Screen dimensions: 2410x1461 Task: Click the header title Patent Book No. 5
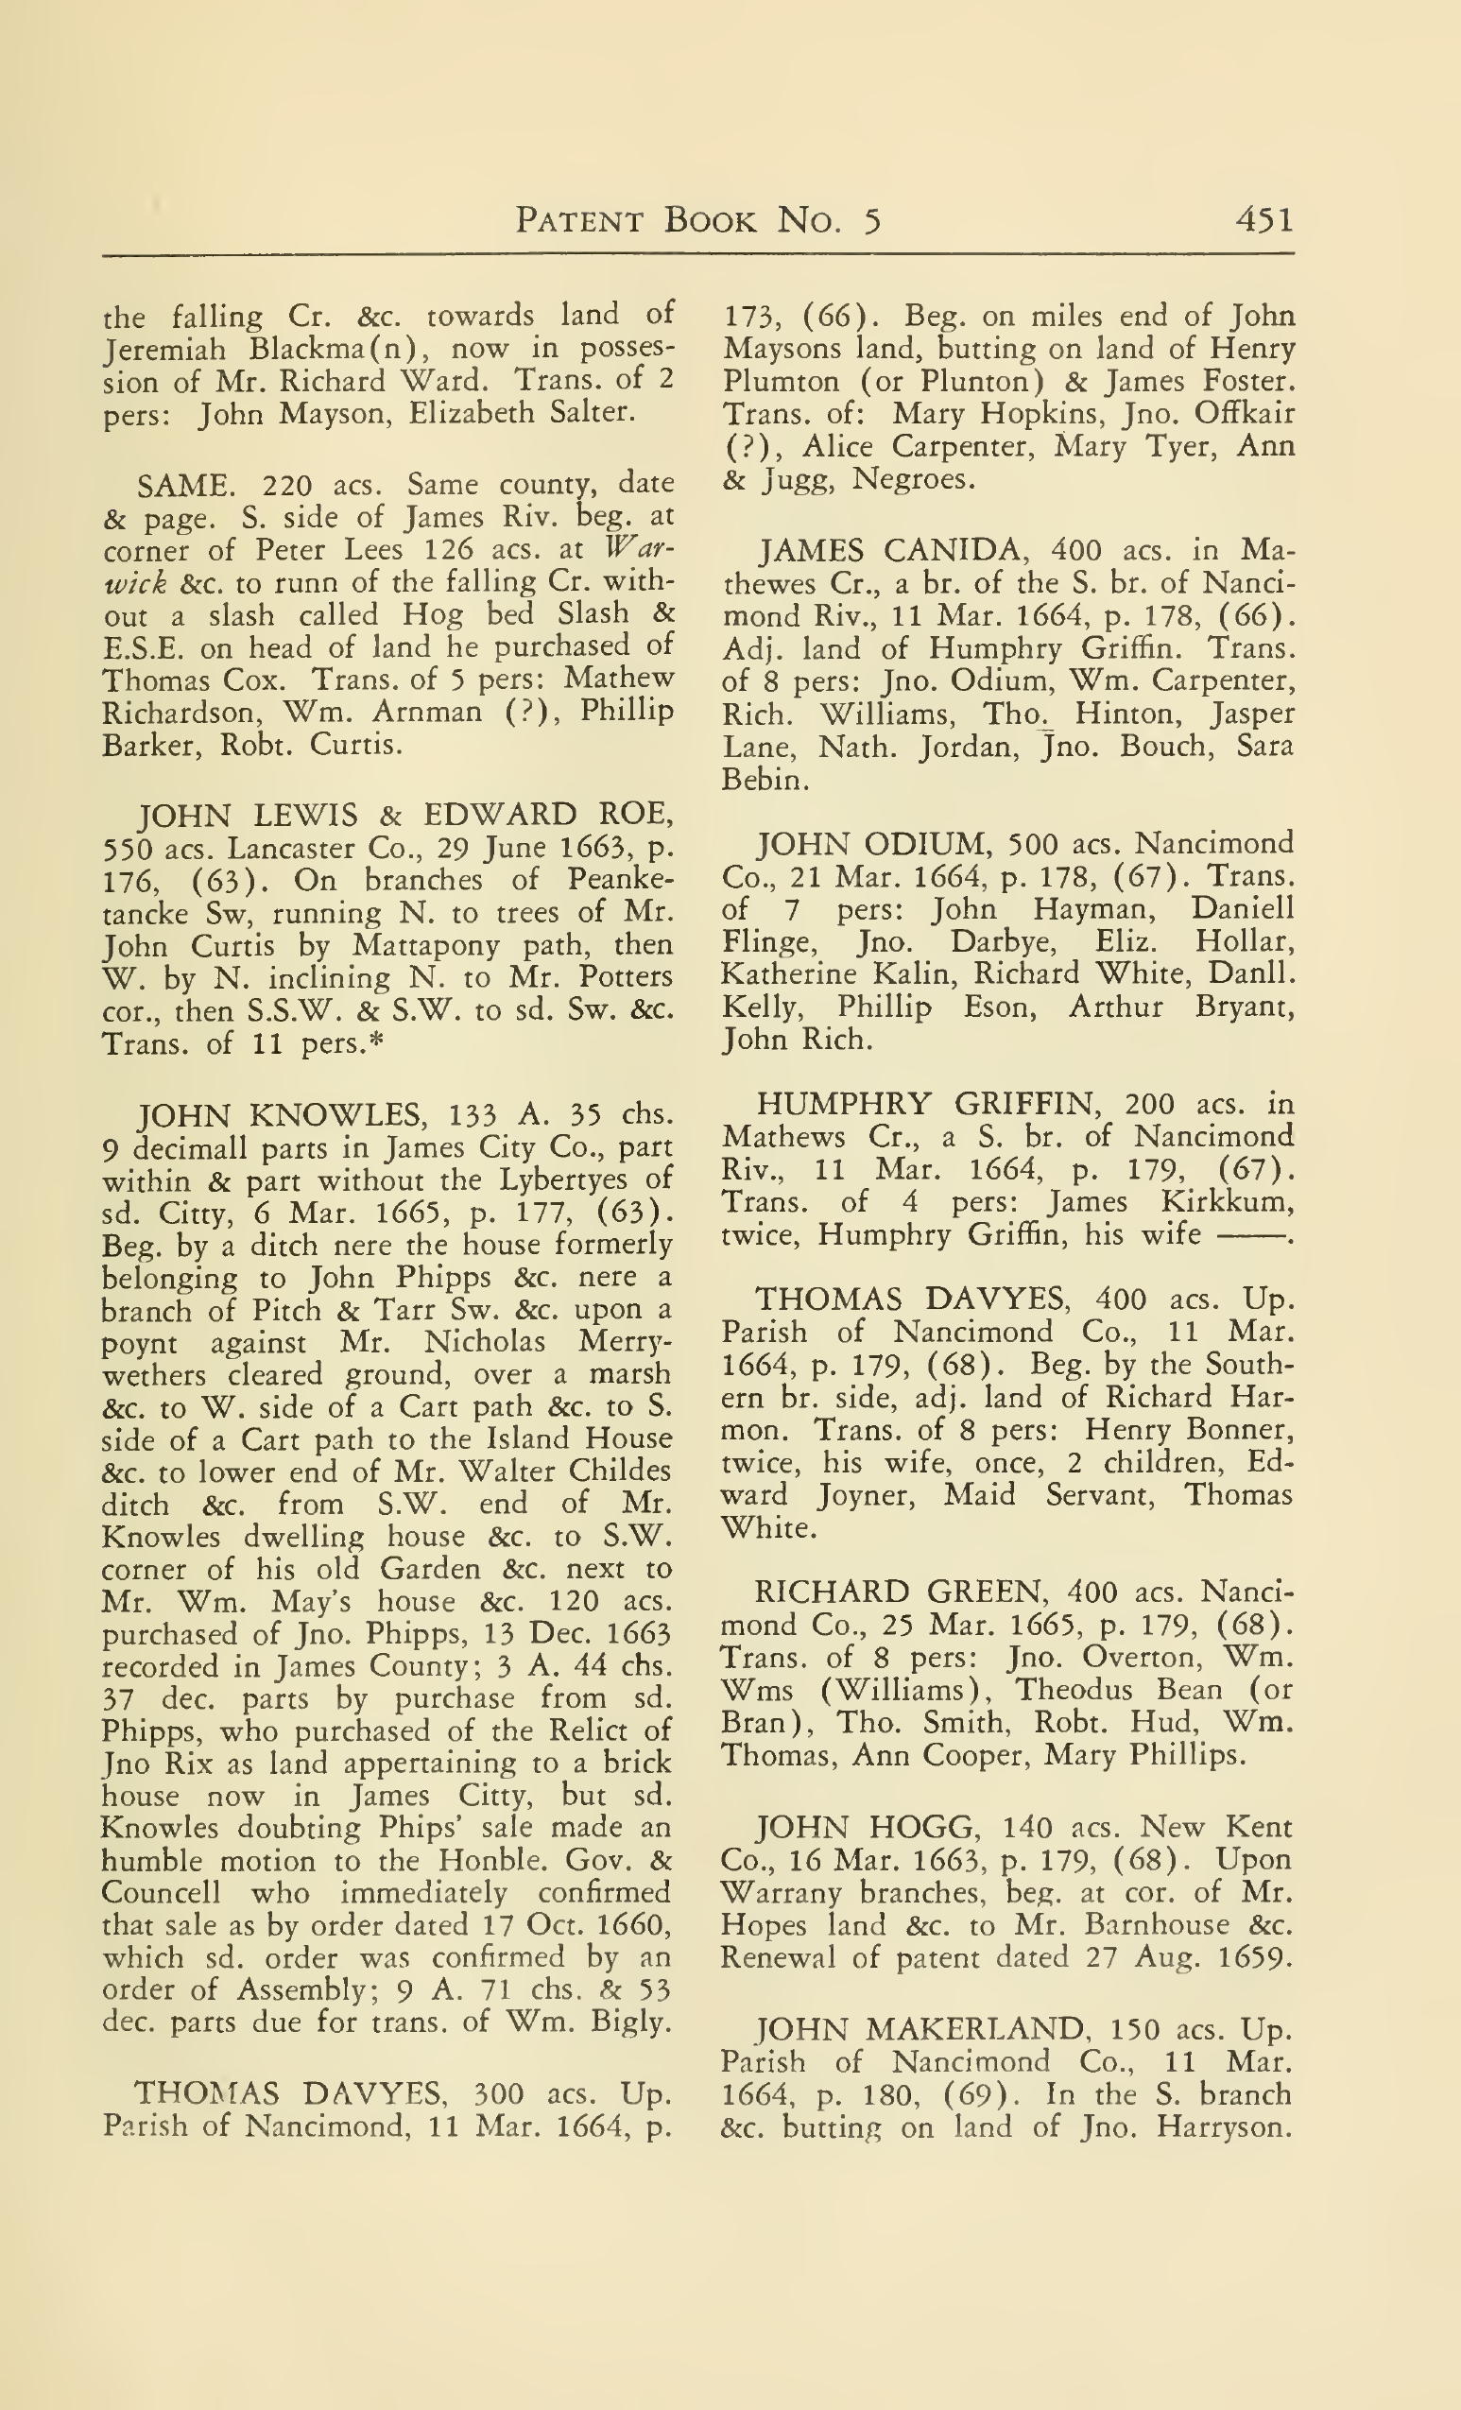tap(698, 220)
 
